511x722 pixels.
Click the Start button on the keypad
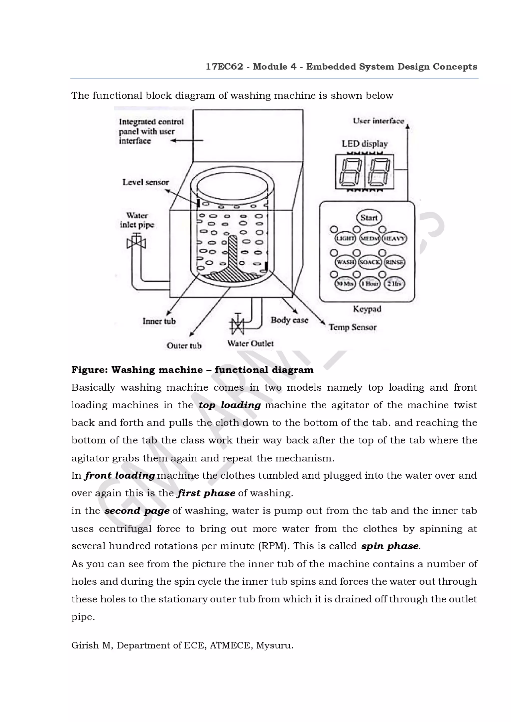tap(369, 217)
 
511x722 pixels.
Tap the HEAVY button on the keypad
tap(394, 238)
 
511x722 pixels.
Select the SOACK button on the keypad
tap(370, 262)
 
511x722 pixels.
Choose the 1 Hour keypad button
tap(370, 284)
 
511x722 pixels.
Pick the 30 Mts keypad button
tap(345, 284)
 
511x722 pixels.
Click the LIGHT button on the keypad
tap(345, 238)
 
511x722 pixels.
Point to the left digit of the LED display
tap(350, 171)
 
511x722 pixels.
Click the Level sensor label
tap(145, 182)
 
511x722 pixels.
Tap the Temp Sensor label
tap(353, 327)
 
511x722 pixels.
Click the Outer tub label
tap(184, 346)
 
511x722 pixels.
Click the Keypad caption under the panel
tap(367, 309)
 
